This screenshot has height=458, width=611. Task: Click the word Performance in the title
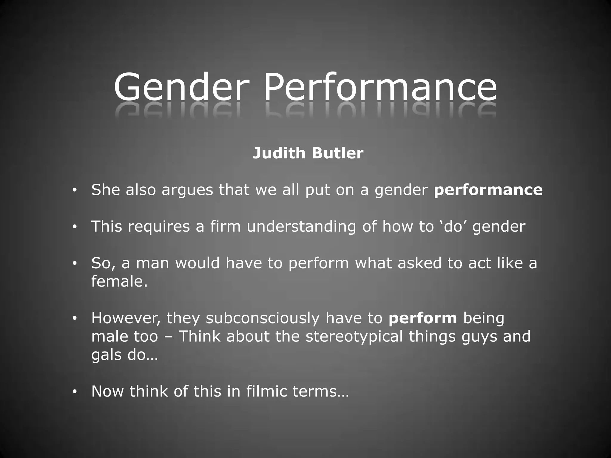pyautogui.click(x=380, y=87)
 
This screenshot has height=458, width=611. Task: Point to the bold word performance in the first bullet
pyautogui.click(x=488, y=190)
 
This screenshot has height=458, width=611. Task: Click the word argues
pyautogui.click(x=187, y=190)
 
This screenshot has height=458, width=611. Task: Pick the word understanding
pyautogui.click(x=301, y=227)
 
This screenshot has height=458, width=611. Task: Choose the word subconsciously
pyautogui.click(x=263, y=318)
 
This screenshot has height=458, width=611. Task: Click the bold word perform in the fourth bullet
pyautogui.click(x=422, y=318)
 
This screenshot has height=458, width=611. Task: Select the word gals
pyautogui.click(x=107, y=355)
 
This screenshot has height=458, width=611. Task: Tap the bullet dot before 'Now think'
pyautogui.click(x=75, y=392)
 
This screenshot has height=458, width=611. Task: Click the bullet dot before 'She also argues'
pyautogui.click(x=75, y=190)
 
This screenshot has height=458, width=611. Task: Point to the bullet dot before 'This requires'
pyautogui.click(x=75, y=227)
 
